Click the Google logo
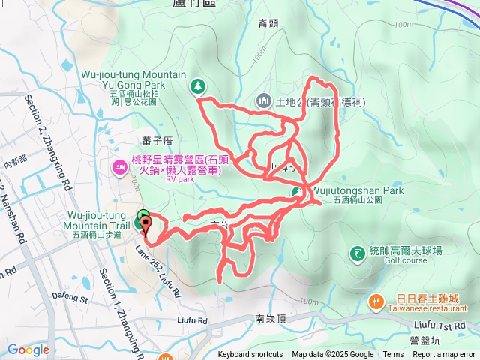pyautogui.click(x=28, y=349)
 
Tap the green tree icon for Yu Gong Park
pyautogui.click(x=198, y=86)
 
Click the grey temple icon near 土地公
pyautogui.click(x=263, y=100)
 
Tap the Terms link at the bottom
pyautogui.click(x=393, y=355)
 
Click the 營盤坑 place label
pyautogui.click(x=424, y=340)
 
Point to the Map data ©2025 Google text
pyautogui.click(x=332, y=355)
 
